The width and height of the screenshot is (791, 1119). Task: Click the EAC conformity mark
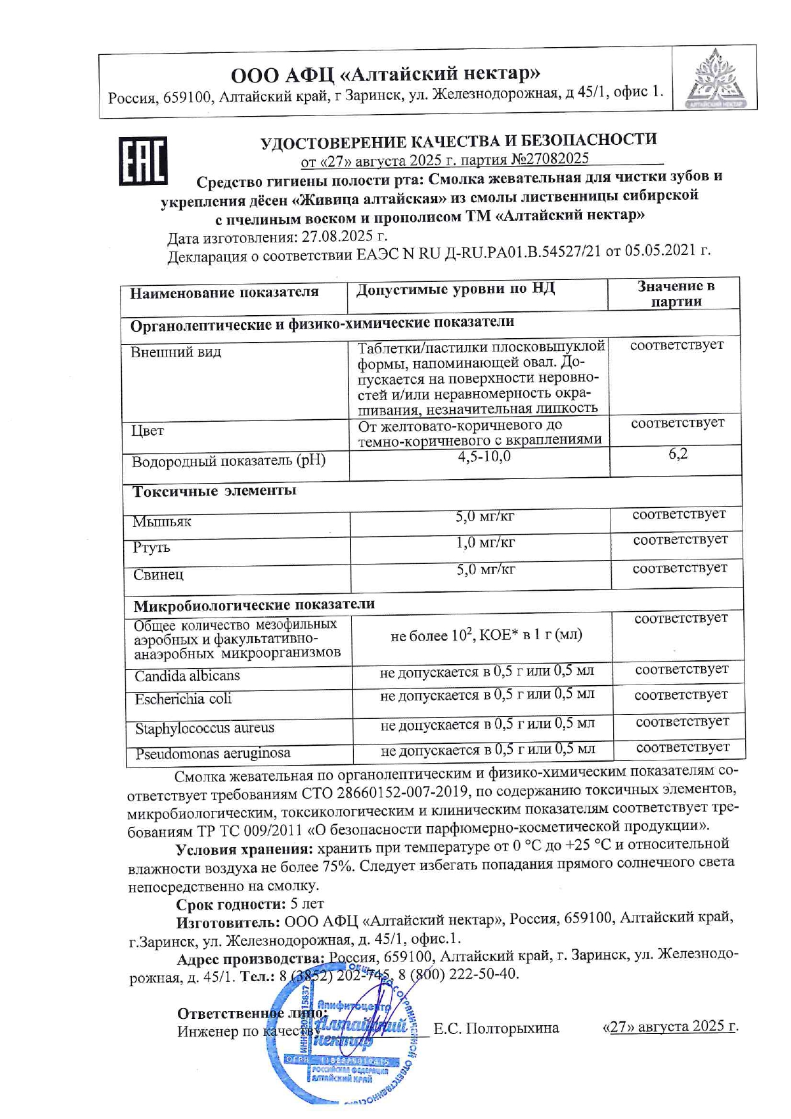pos(144,161)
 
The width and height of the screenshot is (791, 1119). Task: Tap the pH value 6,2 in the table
pos(677,454)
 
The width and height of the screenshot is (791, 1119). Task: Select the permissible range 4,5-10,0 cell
pos(484,457)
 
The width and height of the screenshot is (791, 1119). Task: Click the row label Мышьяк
pos(162,522)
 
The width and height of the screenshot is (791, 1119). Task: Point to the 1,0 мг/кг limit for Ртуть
pos(485,543)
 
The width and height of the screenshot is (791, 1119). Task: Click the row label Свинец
pos(158,574)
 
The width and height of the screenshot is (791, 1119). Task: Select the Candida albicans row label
pos(187,676)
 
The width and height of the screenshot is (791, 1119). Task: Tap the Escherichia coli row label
pos(183,699)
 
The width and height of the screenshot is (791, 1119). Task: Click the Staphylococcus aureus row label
pos(204,728)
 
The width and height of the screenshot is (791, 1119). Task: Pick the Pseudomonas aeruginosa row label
pos(212,753)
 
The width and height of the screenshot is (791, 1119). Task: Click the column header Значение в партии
pos(676,294)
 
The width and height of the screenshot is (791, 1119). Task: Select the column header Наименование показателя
pos(224,293)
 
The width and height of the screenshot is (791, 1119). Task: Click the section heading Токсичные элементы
pos(214,491)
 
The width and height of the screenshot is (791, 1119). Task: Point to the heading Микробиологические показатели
pos(254,604)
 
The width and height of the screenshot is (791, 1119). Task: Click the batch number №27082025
pos(550,158)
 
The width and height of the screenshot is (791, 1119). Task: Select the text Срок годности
pos(230,904)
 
